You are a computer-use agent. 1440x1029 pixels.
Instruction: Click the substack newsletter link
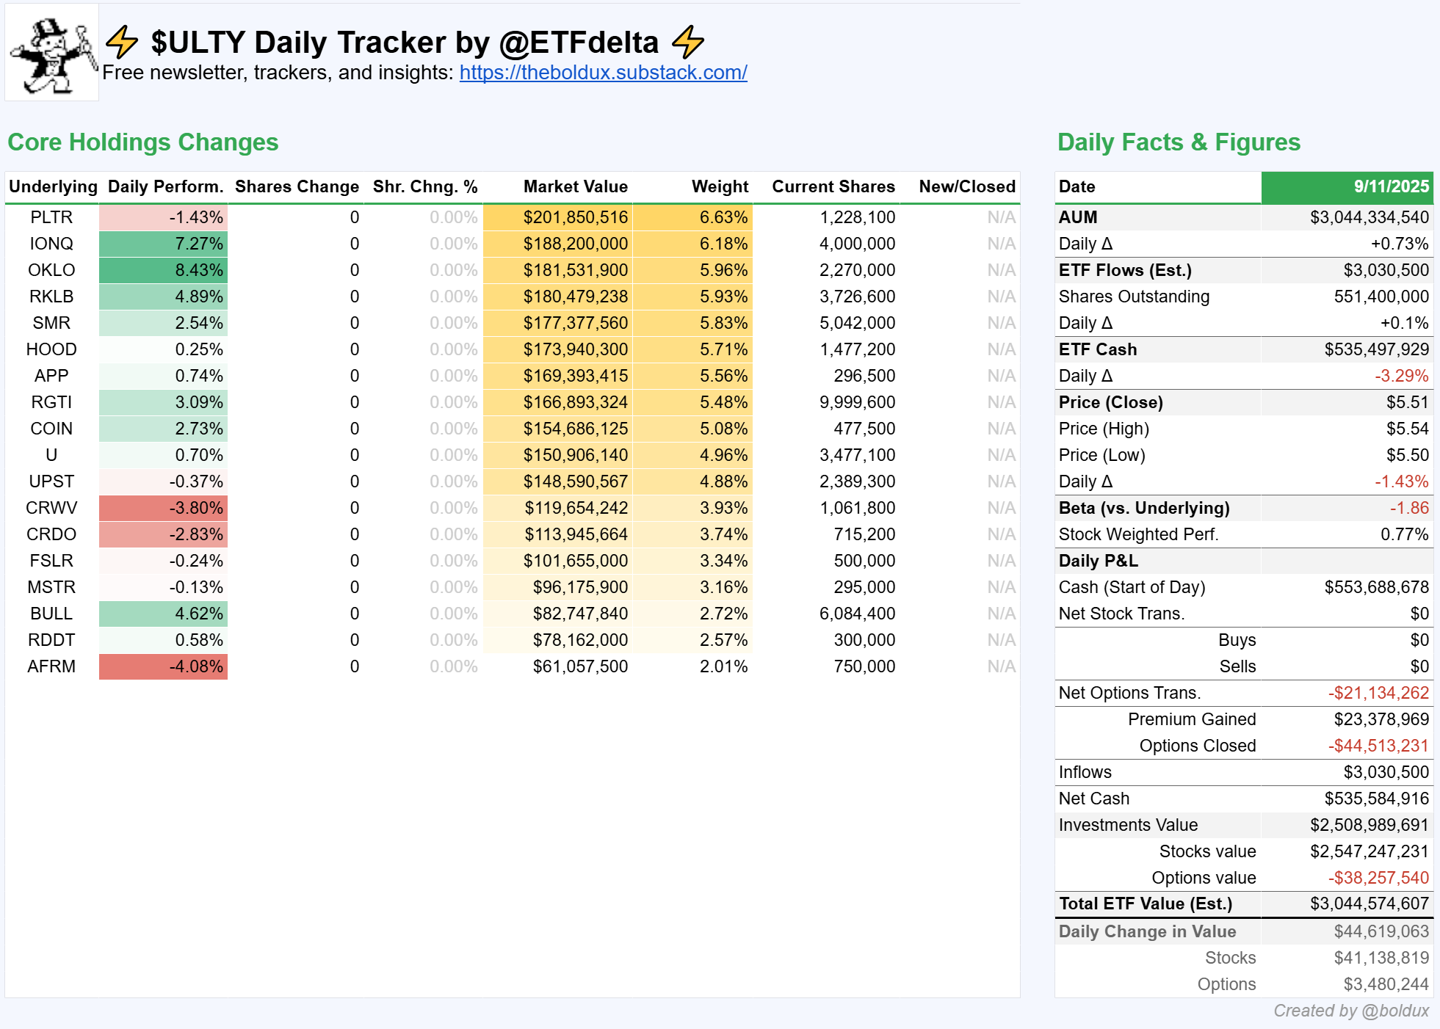(603, 73)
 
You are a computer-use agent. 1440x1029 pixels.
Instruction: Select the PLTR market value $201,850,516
(576, 217)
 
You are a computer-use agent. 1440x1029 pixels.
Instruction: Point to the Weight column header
(720, 186)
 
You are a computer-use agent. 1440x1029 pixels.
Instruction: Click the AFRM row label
(51, 666)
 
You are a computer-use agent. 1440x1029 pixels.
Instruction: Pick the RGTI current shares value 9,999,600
(857, 402)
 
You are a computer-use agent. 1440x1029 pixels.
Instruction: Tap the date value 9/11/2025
(1392, 186)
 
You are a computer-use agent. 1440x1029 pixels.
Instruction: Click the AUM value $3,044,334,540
(1370, 217)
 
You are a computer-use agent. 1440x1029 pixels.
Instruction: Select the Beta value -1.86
(1409, 508)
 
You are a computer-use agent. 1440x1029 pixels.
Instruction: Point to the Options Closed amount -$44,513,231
(1378, 746)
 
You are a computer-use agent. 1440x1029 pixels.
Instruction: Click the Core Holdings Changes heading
(143, 142)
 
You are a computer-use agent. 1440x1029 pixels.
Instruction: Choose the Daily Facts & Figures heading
(1179, 142)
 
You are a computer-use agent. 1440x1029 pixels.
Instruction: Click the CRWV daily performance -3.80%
(196, 508)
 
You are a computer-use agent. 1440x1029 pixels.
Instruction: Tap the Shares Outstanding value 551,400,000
(1381, 297)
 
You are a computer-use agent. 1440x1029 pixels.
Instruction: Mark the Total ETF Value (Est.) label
(1146, 903)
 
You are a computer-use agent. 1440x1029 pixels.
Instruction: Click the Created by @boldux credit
(1351, 1011)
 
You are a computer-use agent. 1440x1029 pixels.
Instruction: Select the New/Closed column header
(967, 186)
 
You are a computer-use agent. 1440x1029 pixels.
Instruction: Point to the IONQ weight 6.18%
(723, 244)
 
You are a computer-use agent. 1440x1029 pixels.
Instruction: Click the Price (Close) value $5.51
(1408, 402)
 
